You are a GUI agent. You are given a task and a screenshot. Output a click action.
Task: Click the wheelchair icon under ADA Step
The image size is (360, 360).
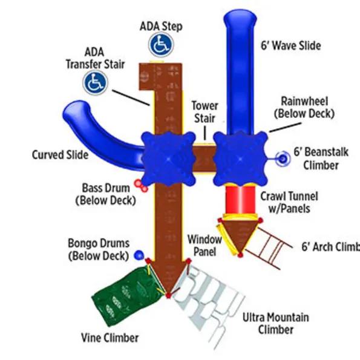[x=161, y=45]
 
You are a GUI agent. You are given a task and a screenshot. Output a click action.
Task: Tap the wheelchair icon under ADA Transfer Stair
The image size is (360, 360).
[x=95, y=83]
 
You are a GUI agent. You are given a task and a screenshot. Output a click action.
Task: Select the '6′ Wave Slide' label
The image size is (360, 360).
[x=291, y=45]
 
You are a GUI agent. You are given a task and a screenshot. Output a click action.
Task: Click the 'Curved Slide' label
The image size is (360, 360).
[x=60, y=155]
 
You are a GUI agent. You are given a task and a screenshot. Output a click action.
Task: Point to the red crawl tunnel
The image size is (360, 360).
[x=240, y=200]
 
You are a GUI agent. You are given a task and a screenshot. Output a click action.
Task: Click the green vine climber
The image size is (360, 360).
[x=125, y=296]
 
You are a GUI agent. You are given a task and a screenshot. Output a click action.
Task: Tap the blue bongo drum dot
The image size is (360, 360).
[x=139, y=255]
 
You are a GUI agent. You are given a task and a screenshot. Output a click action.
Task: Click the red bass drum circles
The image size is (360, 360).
[x=141, y=186]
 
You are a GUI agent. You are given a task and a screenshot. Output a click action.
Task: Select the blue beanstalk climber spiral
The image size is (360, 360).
[x=283, y=159]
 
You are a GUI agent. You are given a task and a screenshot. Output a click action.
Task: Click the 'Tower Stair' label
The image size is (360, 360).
[x=205, y=112]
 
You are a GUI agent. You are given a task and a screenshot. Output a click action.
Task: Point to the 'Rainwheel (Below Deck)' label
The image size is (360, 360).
[x=304, y=108]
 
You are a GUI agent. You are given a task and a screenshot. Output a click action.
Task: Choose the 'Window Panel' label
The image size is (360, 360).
[x=205, y=246]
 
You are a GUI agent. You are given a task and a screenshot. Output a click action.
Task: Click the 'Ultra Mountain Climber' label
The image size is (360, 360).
[x=276, y=324]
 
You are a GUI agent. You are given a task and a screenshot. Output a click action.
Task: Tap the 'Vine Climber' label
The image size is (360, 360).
[x=110, y=338]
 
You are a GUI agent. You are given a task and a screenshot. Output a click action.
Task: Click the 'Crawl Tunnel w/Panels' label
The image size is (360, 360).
[x=289, y=203]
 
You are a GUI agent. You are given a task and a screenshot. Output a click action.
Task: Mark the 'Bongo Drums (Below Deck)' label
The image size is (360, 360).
[x=99, y=249]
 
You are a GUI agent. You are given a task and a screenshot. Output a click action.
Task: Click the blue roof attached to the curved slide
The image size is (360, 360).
[x=168, y=159]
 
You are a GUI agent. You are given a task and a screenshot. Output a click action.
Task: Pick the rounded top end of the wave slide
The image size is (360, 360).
[x=240, y=17]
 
